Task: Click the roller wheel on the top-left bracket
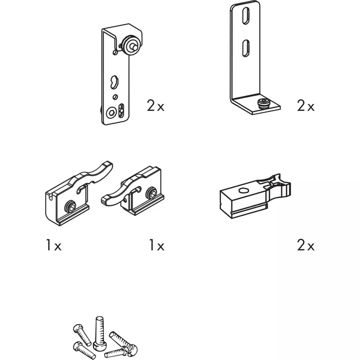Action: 129,45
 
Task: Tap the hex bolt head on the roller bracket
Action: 112,113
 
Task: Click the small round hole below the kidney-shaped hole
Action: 115,97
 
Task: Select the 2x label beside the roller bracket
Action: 156,106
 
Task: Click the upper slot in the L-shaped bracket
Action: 245,16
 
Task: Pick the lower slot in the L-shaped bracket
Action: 246,48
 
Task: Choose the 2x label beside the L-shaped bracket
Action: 306,106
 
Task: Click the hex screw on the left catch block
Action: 70,206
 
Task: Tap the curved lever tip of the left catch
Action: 107,166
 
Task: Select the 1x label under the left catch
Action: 54,245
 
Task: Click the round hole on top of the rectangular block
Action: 244,190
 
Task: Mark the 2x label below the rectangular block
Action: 306,245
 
